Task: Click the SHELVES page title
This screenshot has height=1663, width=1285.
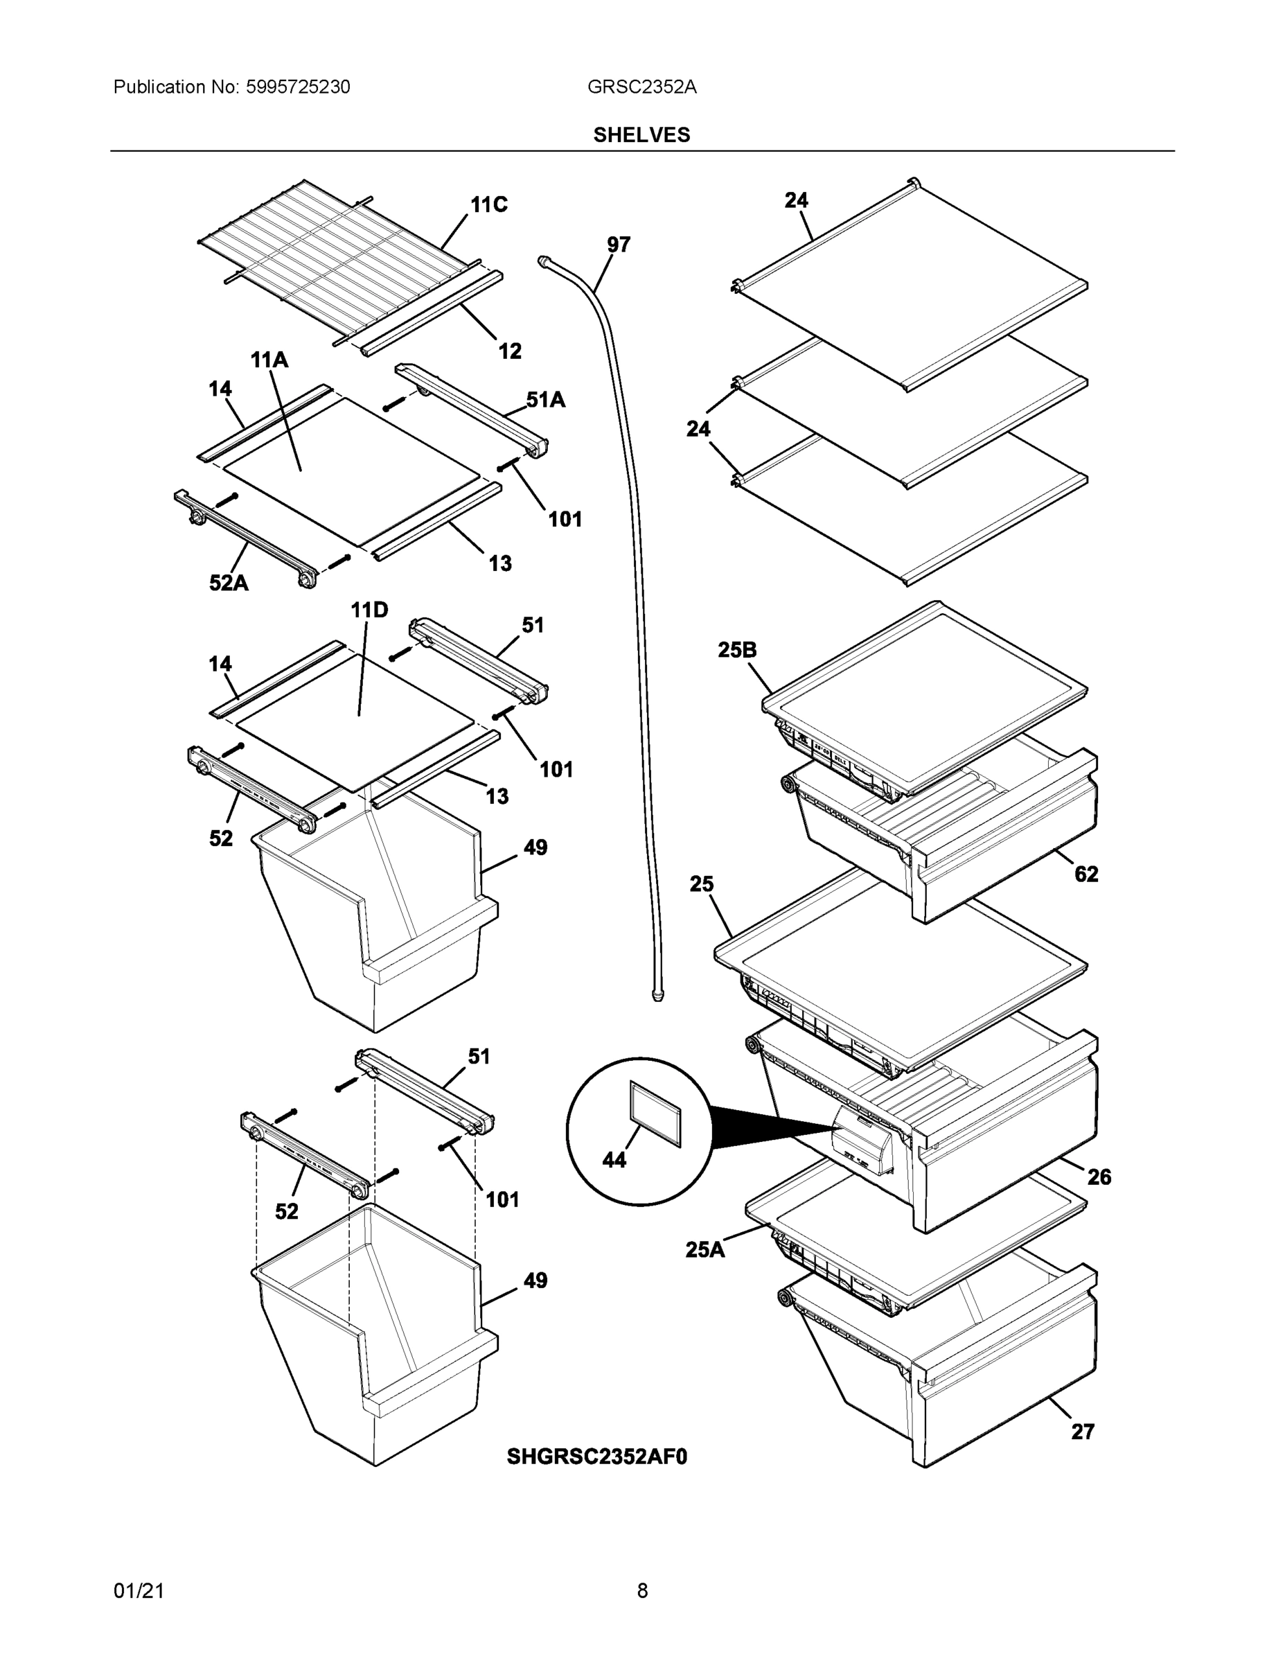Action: coord(641,135)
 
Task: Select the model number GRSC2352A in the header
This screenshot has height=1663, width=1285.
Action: coord(641,87)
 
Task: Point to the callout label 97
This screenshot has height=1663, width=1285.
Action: coord(618,245)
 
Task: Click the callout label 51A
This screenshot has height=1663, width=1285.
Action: coord(545,400)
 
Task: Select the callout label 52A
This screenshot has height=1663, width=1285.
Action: coord(229,583)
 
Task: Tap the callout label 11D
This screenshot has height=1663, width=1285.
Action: coord(369,610)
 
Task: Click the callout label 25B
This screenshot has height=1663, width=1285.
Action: coord(737,650)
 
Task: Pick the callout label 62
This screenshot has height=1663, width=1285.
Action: coord(1085,874)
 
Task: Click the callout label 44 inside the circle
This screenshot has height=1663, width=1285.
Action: coord(614,1160)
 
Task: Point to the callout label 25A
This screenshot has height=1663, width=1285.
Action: coord(705,1249)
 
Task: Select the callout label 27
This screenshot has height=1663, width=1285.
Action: coord(1082,1432)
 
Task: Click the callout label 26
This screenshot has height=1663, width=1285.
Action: coord(1099,1177)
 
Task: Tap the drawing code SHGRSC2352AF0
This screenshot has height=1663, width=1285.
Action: coord(597,1457)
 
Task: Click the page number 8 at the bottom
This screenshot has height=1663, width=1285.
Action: coord(641,1591)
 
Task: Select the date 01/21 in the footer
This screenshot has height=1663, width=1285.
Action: coord(139,1591)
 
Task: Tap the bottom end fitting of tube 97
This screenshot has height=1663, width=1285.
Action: coord(657,994)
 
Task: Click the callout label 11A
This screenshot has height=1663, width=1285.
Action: coord(269,360)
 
